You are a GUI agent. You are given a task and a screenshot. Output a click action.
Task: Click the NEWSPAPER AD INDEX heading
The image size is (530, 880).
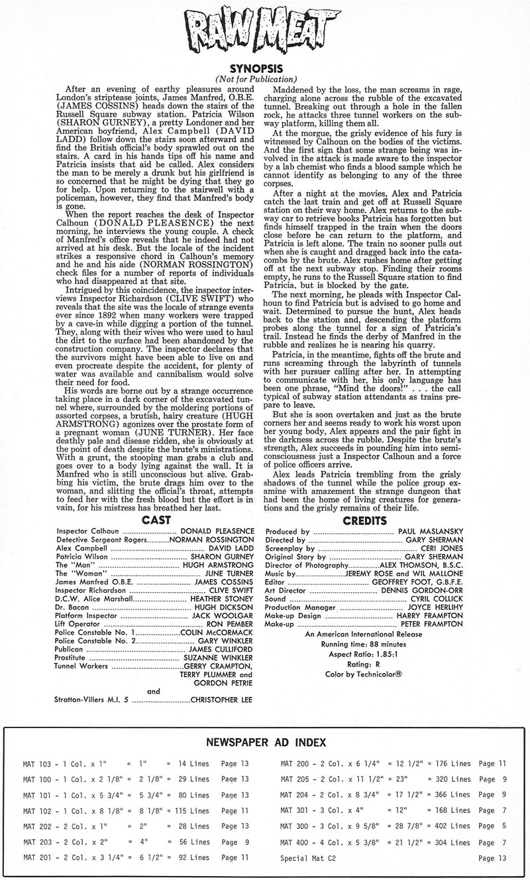(265, 742)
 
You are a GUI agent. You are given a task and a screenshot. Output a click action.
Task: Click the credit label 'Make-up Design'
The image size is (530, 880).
(293, 615)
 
